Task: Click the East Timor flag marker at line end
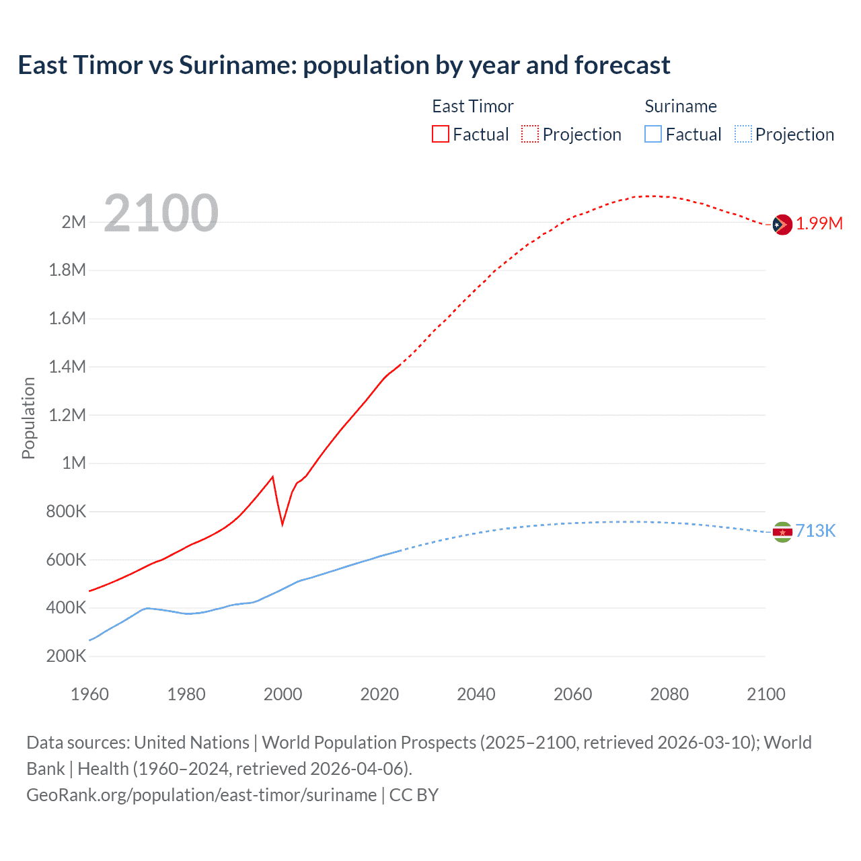782,225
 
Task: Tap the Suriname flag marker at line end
782,532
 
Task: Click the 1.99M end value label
819,224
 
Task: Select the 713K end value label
816,531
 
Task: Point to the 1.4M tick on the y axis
67,367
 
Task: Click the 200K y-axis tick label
66,656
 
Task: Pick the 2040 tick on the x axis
476,694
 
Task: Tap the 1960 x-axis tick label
89,694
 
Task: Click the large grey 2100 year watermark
161,213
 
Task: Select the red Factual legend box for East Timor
440,134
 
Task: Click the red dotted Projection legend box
530,134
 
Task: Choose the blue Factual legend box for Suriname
653,134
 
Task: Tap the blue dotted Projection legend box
743,134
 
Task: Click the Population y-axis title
28,418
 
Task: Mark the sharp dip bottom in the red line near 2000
283,524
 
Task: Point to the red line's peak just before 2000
272,477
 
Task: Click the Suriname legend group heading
681,106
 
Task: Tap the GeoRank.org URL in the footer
201,795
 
